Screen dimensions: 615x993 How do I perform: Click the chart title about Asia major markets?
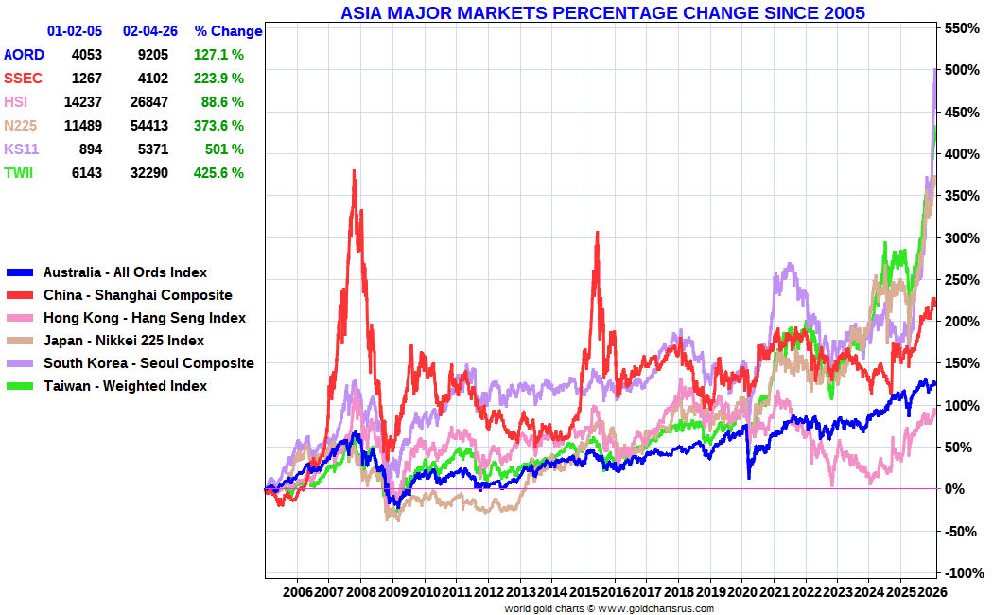(602, 12)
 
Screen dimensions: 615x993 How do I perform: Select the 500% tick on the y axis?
(959, 71)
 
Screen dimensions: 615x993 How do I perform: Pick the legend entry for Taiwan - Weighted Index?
(125, 386)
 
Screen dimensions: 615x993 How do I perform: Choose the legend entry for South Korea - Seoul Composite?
(148, 363)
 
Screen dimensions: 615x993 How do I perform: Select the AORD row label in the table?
(24, 55)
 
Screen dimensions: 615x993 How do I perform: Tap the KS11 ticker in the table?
(22, 149)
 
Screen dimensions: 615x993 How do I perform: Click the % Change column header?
(228, 31)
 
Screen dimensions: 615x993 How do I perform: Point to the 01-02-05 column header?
(75, 31)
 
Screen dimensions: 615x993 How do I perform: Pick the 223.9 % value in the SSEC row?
(217, 79)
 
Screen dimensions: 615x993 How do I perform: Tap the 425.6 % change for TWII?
(217, 173)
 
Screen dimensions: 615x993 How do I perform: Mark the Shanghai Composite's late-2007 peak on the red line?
(354, 171)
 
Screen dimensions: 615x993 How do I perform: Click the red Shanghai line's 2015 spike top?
(597, 233)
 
